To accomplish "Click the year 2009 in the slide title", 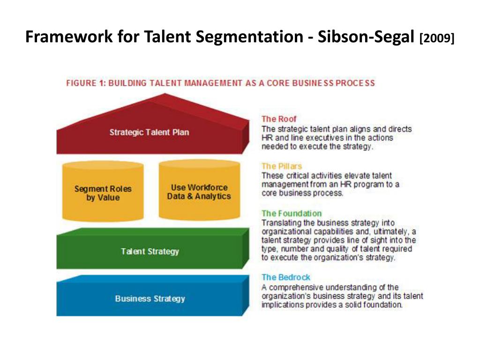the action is tap(437, 38).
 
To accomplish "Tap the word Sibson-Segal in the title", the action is tap(367, 37).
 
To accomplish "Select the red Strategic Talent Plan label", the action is tap(149, 132).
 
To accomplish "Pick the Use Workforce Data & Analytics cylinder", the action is tap(199, 192).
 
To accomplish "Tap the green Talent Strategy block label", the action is tap(150, 251).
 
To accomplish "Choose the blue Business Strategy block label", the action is tap(150, 299).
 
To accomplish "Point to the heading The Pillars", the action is tap(282, 166).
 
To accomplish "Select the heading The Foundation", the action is tap(292, 213).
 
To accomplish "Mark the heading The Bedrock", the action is tap(286, 277).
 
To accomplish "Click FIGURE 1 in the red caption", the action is tap(85, 83).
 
